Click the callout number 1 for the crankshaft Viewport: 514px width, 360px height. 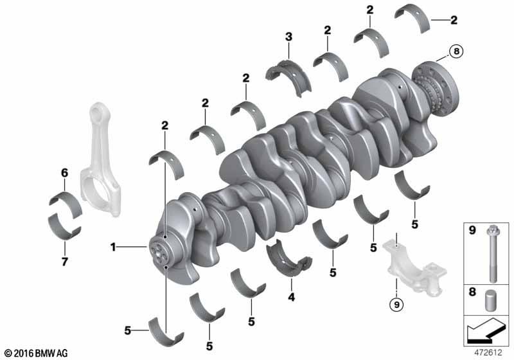(x=113, y=247)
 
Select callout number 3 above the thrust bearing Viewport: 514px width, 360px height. (x=288, y=37)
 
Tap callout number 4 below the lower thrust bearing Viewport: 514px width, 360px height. (x=292, y=297)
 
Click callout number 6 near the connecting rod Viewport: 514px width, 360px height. (x=65, y=173)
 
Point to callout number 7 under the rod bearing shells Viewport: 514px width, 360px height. (x=65, y=261)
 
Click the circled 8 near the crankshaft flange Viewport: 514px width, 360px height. (x=456, y=51)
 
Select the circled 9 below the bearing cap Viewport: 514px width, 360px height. (x=396, y=305)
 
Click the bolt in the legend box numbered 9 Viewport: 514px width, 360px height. (x=493, y=254)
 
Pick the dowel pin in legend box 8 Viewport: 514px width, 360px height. (x=490, y=300)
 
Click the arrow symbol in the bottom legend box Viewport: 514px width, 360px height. (x=486, y=330)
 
